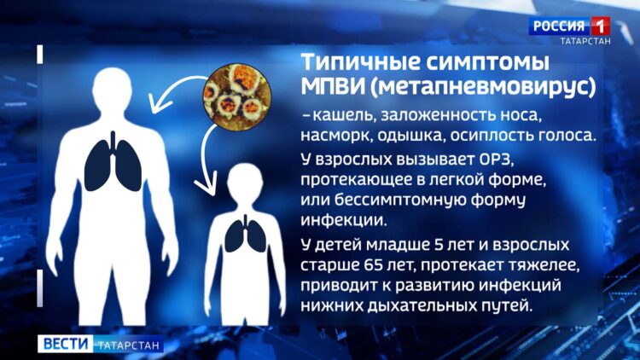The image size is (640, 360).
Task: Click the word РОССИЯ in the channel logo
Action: (559, 26)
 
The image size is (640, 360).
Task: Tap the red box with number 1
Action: (600, 26)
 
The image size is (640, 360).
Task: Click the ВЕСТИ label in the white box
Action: (66, 343)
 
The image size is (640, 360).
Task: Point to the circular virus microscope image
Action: (237, 96)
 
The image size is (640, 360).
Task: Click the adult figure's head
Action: (112, 89)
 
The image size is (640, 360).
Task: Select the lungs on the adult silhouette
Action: (113, 161)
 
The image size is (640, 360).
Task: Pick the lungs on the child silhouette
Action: (245, 234)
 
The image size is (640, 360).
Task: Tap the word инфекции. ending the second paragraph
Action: (343, 220)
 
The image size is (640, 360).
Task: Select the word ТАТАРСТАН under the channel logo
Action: (585, 41)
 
